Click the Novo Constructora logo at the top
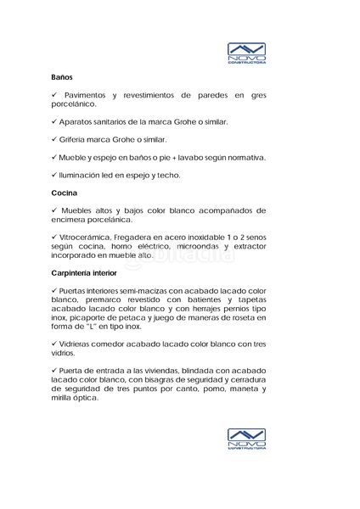tap(248, 55)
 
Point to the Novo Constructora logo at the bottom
tap(248, 439)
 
